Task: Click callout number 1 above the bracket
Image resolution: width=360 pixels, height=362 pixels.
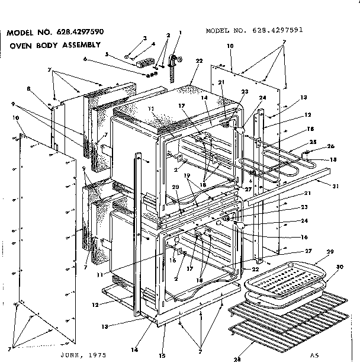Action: [x=180, y=33]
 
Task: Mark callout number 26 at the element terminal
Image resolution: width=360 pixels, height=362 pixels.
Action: [x=331, y=146]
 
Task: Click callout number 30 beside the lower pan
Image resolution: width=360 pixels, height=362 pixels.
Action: [x=339, y=267]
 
